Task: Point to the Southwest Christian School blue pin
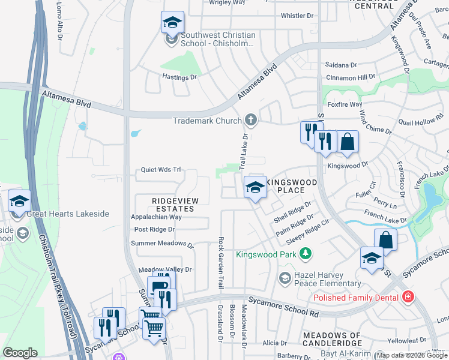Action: (x=172, y=24)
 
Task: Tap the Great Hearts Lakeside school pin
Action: (x=19, y=201)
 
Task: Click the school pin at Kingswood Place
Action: (x=255, y=187)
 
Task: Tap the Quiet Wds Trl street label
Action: (x=160, y=170)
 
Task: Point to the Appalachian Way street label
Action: (x=156, y=217)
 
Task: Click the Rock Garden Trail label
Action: (x=221, y=261)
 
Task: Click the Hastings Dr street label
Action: (x=179, y=77)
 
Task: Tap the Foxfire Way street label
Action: (x=345, y=104)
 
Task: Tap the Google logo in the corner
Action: (x=20, y=353)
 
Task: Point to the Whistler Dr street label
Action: (x=297, y=16)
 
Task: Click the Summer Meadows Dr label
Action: (x=162, y=244)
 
